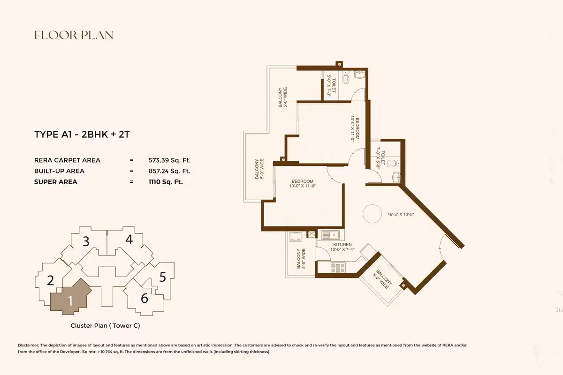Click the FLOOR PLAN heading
click(x=74, y=35)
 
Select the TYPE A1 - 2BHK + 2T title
click(x=82, y=135)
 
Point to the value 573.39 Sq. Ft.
click(x=170, y=160)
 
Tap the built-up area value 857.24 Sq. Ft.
click(x=170, y=171)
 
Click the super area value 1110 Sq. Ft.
click(x=166, y=182)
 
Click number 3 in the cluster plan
click(x=86, y=241)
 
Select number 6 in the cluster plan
click(x=145, y=299)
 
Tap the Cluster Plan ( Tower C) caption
click(x=105, y=325)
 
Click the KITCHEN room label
click(x=342, y=244)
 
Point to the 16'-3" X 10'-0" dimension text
click(x=401, y=215)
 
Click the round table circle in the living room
click(x=372, y=213)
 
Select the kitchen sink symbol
click(x=330, y=235)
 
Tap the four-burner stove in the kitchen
click(x=338, y=267)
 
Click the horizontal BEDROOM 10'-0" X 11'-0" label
click(x=302, y=184)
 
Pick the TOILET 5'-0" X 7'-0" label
click(x=331, y=86)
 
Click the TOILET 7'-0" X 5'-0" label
click(x=380, y=158)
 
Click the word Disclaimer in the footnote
click(x=29, y=345)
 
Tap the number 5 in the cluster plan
click(x=163, y=277)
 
